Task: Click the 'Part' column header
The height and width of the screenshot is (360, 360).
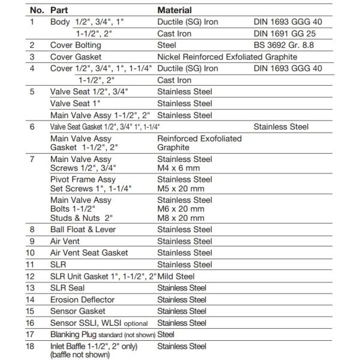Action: pyautogui.click(x=59, y=10)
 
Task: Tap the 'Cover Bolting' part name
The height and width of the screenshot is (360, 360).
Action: pyautogui.click(x=76, y=45)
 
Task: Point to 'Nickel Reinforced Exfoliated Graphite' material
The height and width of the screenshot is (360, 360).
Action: pyautogui.click(x=227, y=57)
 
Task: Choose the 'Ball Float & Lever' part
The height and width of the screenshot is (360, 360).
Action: pyautogui.click(x=83, y=229)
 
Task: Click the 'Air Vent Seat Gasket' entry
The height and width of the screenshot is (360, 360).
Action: pyautogui.click(x=89, y=253)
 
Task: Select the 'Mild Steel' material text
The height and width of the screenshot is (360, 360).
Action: pyautogui.click(x=176, y=276)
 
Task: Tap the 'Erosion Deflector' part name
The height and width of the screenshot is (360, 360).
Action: pyautogui.click(x=82, y=299)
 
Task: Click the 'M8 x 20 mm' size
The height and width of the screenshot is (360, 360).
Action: pyautogui.click(x=181, y=218)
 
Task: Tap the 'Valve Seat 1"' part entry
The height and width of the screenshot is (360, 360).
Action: pyautogui.click(x=76, y=103)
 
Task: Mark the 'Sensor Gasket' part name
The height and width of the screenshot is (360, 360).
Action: pyautogui.click(x=77, y=311)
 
